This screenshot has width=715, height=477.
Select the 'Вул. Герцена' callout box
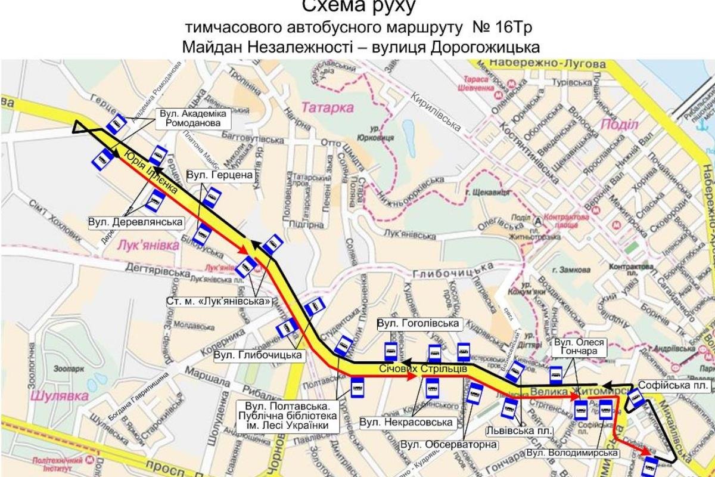pyautogui.click(x=220, y=175)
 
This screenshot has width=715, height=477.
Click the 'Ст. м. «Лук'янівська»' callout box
pyautogui.click(x=219, y=302)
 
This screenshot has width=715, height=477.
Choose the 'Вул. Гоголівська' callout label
pyautogui.click(x=419, y=323)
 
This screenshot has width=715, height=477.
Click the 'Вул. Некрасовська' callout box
pyautogui.click(x=407, y=422)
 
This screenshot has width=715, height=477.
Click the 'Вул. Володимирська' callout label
pyautogui.click(x=572, y=454)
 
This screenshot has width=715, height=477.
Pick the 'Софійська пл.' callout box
pyautogui.click(x=666, y=384)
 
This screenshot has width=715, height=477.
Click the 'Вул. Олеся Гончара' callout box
pyautogui.click(x=579, y=348)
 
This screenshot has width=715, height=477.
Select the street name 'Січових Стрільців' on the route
pyautogui.click(x=422, y=369)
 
